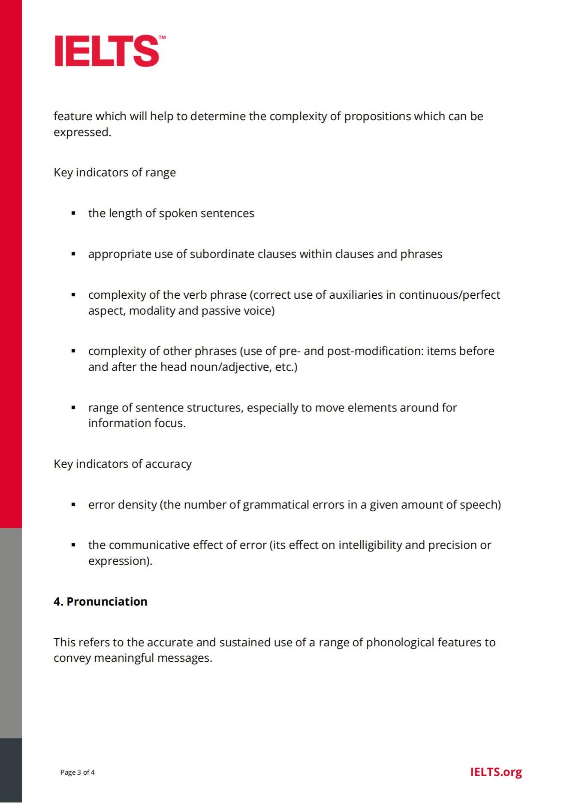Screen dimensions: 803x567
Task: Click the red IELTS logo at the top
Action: (107, 51)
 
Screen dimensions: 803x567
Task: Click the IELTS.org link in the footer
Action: (496, 772)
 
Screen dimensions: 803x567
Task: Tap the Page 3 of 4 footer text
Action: (78, 772)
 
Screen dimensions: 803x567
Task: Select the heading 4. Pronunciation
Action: (100, 601)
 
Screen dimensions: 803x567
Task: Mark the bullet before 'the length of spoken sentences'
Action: (73, 213)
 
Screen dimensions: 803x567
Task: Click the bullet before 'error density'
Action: (73, 504)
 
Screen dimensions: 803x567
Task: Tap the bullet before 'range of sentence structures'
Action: (73, 407)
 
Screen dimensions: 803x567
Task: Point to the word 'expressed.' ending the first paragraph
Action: (82, 132)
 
